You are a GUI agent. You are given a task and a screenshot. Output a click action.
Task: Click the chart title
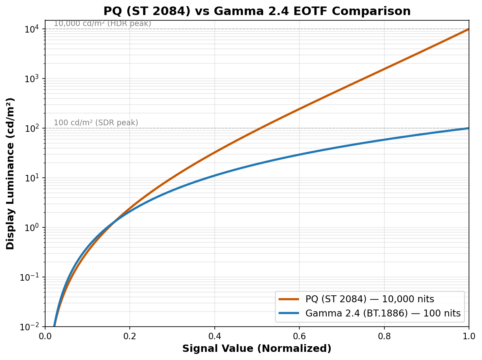257,11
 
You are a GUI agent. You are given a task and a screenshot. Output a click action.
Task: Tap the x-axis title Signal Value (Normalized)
257,349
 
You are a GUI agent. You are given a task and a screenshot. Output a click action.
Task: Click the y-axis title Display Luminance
11,173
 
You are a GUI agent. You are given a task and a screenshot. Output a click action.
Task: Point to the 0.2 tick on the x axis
130,336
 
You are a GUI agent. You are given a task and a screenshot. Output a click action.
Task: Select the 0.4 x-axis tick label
214,336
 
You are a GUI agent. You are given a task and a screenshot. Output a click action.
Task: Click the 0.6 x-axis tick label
299,336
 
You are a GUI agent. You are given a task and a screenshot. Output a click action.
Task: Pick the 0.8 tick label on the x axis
384,336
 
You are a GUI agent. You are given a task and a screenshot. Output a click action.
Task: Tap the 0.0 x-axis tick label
45,336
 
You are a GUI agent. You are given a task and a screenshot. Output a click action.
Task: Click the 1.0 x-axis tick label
469,336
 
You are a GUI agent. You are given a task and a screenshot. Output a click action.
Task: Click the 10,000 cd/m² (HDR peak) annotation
103,24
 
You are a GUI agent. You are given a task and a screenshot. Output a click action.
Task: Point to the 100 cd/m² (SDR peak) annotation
96,123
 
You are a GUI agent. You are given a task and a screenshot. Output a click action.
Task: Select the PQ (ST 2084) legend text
370,299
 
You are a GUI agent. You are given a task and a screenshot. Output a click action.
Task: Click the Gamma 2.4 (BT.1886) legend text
383,313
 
